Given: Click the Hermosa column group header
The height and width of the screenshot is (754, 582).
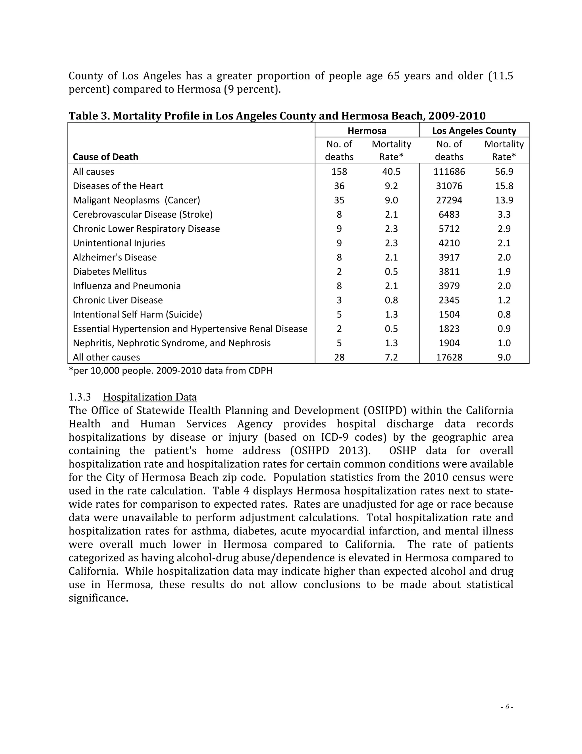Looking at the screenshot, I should tap(367, 131).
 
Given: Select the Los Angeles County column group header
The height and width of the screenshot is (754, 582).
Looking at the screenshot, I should tap(474, 131).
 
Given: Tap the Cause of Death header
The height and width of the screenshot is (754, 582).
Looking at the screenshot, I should tap(105, 157).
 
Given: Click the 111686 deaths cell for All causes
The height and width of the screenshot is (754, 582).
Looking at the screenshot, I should tap(449, 172).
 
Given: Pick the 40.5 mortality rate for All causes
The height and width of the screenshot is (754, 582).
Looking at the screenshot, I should tap(391, 172).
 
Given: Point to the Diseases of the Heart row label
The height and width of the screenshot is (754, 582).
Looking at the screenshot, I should tap(118, 186).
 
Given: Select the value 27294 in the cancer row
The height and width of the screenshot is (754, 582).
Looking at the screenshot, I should tap(449, 200).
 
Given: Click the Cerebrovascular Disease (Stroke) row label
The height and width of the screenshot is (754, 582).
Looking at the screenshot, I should tap(143, 215).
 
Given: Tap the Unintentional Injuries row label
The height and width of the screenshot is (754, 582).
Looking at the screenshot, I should tap(119, 243).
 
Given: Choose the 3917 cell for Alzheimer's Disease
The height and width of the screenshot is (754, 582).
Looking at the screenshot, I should tap(449, 257).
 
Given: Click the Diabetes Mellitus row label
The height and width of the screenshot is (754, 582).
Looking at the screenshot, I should tap(110, 272).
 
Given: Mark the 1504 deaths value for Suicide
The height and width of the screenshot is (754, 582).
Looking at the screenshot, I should tap(449, 314).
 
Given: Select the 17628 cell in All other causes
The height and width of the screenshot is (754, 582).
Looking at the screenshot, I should tap(449, 357).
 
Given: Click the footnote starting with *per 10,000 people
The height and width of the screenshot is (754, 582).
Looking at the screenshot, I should tap(170, 371).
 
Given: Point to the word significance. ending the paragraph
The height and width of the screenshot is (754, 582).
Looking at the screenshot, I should tap(98, 598).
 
